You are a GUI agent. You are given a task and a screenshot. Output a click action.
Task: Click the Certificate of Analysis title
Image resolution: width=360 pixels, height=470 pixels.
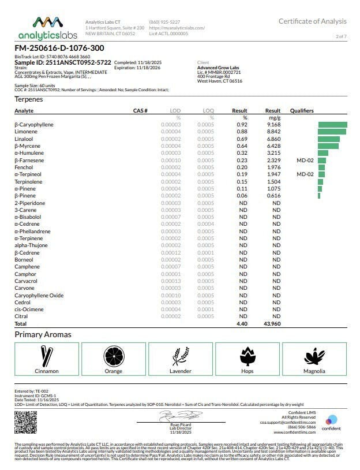pyautogui.click(x=313, y=21)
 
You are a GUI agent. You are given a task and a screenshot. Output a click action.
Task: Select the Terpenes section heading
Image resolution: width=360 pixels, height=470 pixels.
pyautogui.click(x=28, y=99)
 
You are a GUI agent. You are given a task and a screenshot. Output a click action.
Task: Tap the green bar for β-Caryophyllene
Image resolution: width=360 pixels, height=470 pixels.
pyautogui.click(x=332, y=125)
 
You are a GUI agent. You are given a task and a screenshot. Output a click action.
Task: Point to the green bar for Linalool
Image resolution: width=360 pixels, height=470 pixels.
pyautogui.click(x=329, y=139)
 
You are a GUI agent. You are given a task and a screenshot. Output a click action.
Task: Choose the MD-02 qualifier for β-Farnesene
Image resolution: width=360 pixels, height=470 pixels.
pyautogui.click(x=305, y=160)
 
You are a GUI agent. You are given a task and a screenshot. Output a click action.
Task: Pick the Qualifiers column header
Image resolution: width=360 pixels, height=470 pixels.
pyautogui.click(x=302, y=110)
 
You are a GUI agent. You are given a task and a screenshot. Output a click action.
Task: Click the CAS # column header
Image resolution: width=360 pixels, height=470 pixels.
pyautogui.click(x=141, y=110)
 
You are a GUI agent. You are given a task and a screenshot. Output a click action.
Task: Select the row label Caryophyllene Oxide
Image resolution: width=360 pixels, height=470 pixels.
pyautogui.click(x=39, y=295)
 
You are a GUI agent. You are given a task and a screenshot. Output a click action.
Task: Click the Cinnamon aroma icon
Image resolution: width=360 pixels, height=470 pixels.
pyautogui.click(x=47, y=355)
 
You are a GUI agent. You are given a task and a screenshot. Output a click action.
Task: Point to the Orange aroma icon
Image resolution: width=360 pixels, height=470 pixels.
pyautogui.click(x=113, y=355)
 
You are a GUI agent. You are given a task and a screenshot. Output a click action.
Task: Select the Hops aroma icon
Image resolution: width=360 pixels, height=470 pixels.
pyautogui.click(x=247, y=355)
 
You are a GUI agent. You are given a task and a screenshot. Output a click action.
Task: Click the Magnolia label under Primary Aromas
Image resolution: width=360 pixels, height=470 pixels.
pyautogui.click(x=314, y=371)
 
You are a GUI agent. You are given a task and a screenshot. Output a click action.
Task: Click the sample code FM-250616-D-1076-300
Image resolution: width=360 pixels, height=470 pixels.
pyautogui.click(x=59, y=49)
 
